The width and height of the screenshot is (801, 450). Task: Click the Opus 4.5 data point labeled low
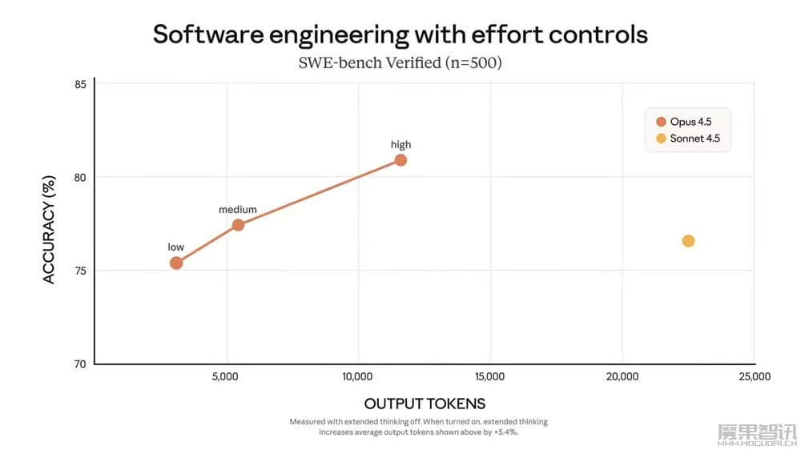[x=176, y=263]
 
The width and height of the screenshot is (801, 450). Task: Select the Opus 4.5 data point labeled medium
[x=238, y=225]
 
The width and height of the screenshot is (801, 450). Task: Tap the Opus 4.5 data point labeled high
[x=400, y=160]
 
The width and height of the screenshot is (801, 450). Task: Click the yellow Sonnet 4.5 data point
[x=688, y=241]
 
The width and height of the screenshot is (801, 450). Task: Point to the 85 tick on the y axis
[x=79, y=84]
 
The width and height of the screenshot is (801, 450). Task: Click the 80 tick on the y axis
[x=79, y=177]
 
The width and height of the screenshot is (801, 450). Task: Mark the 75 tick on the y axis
[x=79, y=271]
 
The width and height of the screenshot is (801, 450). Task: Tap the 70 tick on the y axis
[x=79, y=364]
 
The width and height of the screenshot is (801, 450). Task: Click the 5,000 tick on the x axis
[x=227, y=376]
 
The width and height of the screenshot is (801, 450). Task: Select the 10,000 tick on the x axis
[x=357, y=376]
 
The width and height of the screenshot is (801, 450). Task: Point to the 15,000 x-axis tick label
[x=489, y=376]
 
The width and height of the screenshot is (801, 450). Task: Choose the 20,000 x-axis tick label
[x=622, y=376]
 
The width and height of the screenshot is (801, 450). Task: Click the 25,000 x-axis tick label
[x=754, y=376]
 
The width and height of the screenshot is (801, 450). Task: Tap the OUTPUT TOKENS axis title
[x=425, y=404]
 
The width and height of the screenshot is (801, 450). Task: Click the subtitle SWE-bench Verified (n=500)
[x=400, y=62]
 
